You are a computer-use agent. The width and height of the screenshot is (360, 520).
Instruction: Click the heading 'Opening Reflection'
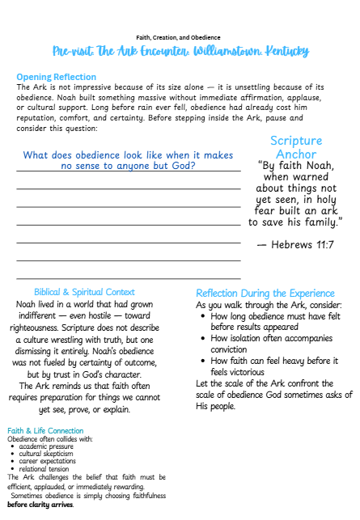coord(56,77)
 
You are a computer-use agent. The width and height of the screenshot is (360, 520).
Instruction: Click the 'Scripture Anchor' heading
coord(295,147)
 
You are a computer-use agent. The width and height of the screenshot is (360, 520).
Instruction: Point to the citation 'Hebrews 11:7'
coord(294,243)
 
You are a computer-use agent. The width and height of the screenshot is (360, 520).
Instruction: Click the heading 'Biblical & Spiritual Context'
coord(84,292)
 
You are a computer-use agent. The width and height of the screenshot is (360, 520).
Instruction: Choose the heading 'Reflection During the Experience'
coord(265,293)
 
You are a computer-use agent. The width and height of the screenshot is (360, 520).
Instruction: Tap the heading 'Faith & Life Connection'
coord(45,431)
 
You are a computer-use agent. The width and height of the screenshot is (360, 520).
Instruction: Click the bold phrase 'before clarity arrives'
coord(40,505)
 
